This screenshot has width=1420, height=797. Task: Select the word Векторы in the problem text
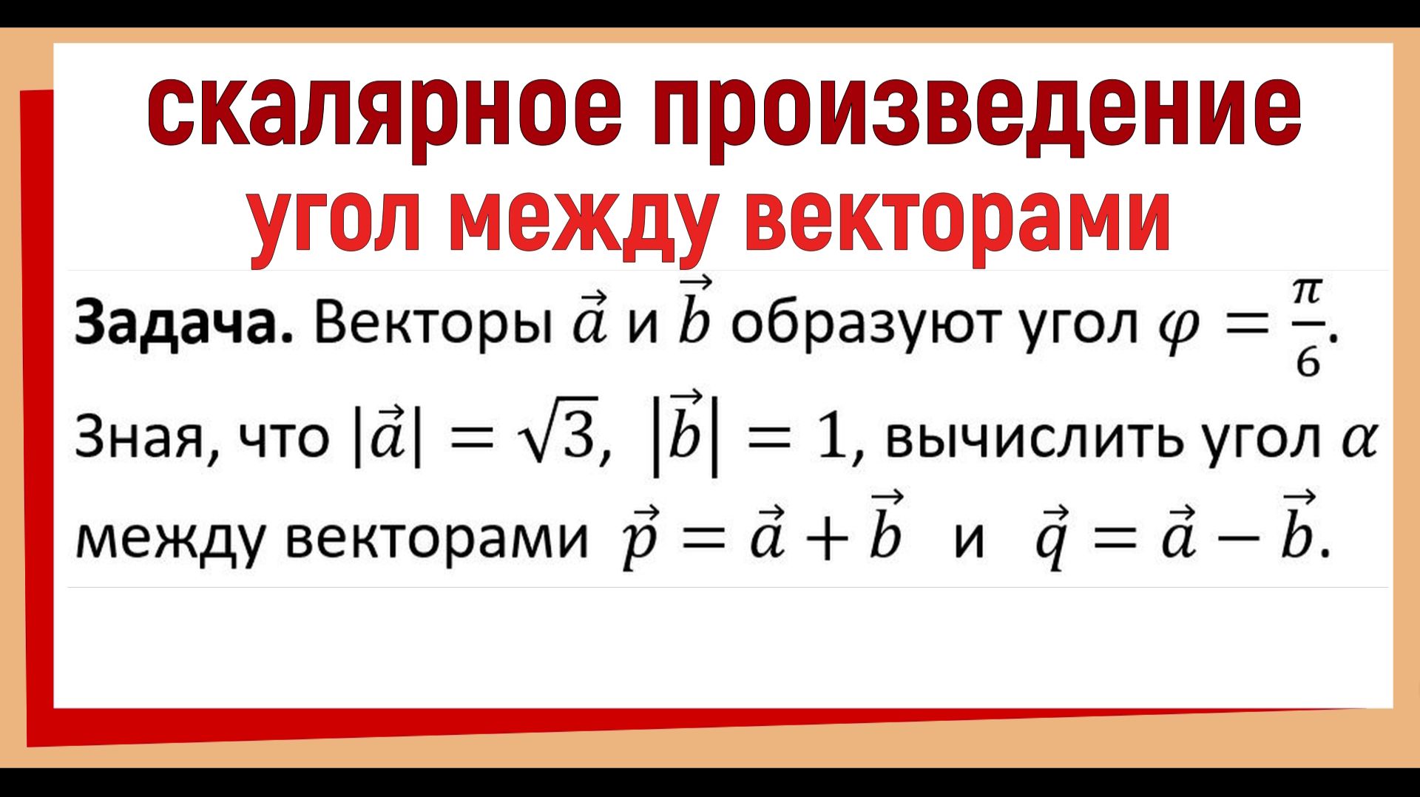pyautogui.click(x=433, y=326)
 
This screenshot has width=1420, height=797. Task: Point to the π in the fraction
pyautogui.click(x=1307, y=291)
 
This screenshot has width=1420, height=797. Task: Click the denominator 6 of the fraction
pyautogui.click(x=1308, y=362)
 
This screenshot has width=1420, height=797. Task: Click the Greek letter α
pyautogui.click(x=1359, y=440)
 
